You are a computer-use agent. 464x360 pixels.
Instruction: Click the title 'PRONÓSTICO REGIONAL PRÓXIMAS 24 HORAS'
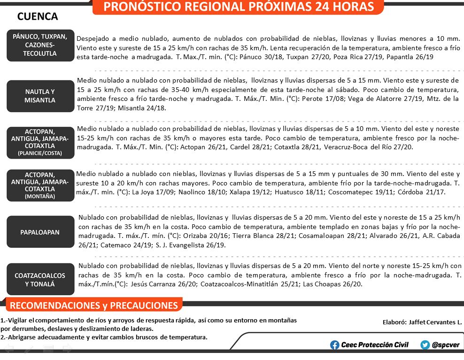tap(238, 7)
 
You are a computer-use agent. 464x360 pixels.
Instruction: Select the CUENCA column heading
tap(38, 17)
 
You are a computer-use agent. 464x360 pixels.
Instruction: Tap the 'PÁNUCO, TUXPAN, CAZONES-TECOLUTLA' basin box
tap(40, 45)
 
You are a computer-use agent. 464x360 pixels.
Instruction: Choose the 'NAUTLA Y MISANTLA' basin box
tap(40, 96)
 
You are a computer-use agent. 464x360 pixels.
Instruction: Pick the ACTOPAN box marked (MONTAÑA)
tap(40, 185)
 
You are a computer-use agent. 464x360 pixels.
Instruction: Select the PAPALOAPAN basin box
tap(40, 232)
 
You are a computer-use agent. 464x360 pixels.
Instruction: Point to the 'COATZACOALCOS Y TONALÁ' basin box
tap(40, 279)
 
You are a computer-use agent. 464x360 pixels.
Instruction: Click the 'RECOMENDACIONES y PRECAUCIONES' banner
tap(94, 306)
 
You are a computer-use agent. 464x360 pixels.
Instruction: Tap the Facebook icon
tap(335, 345)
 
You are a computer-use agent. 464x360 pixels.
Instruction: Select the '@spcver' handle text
tap(447, 345)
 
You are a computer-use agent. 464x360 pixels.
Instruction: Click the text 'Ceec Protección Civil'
tap(375, 345)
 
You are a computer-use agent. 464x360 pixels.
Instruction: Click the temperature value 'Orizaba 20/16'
tap(203, 236)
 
